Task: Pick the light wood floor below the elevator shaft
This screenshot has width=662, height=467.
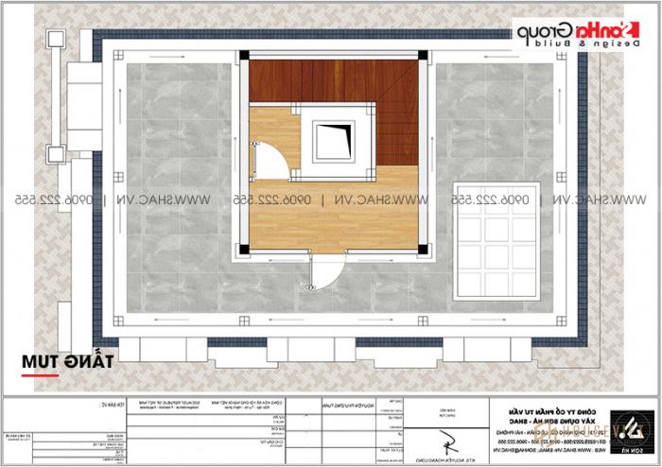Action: [x=331, y=213]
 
